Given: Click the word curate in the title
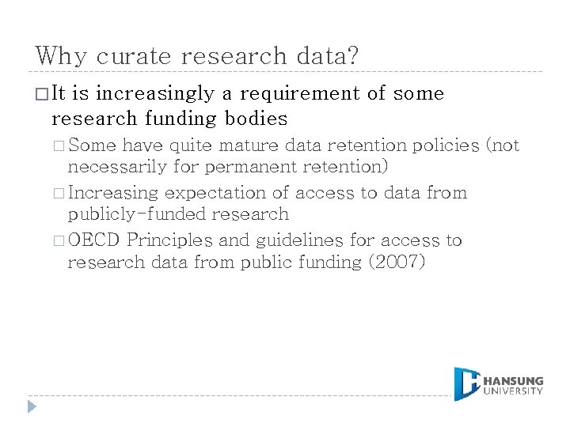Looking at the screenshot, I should click(x=133, y=57).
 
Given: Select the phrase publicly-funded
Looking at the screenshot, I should click(x=133, y=214).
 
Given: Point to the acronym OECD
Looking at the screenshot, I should click(x=95, y=240).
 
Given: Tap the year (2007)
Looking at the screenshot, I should click(x=397, y=262).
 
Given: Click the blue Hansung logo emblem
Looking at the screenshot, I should click(x=468, y=384).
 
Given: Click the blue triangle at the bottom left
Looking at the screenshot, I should click(x=32, y=407).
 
